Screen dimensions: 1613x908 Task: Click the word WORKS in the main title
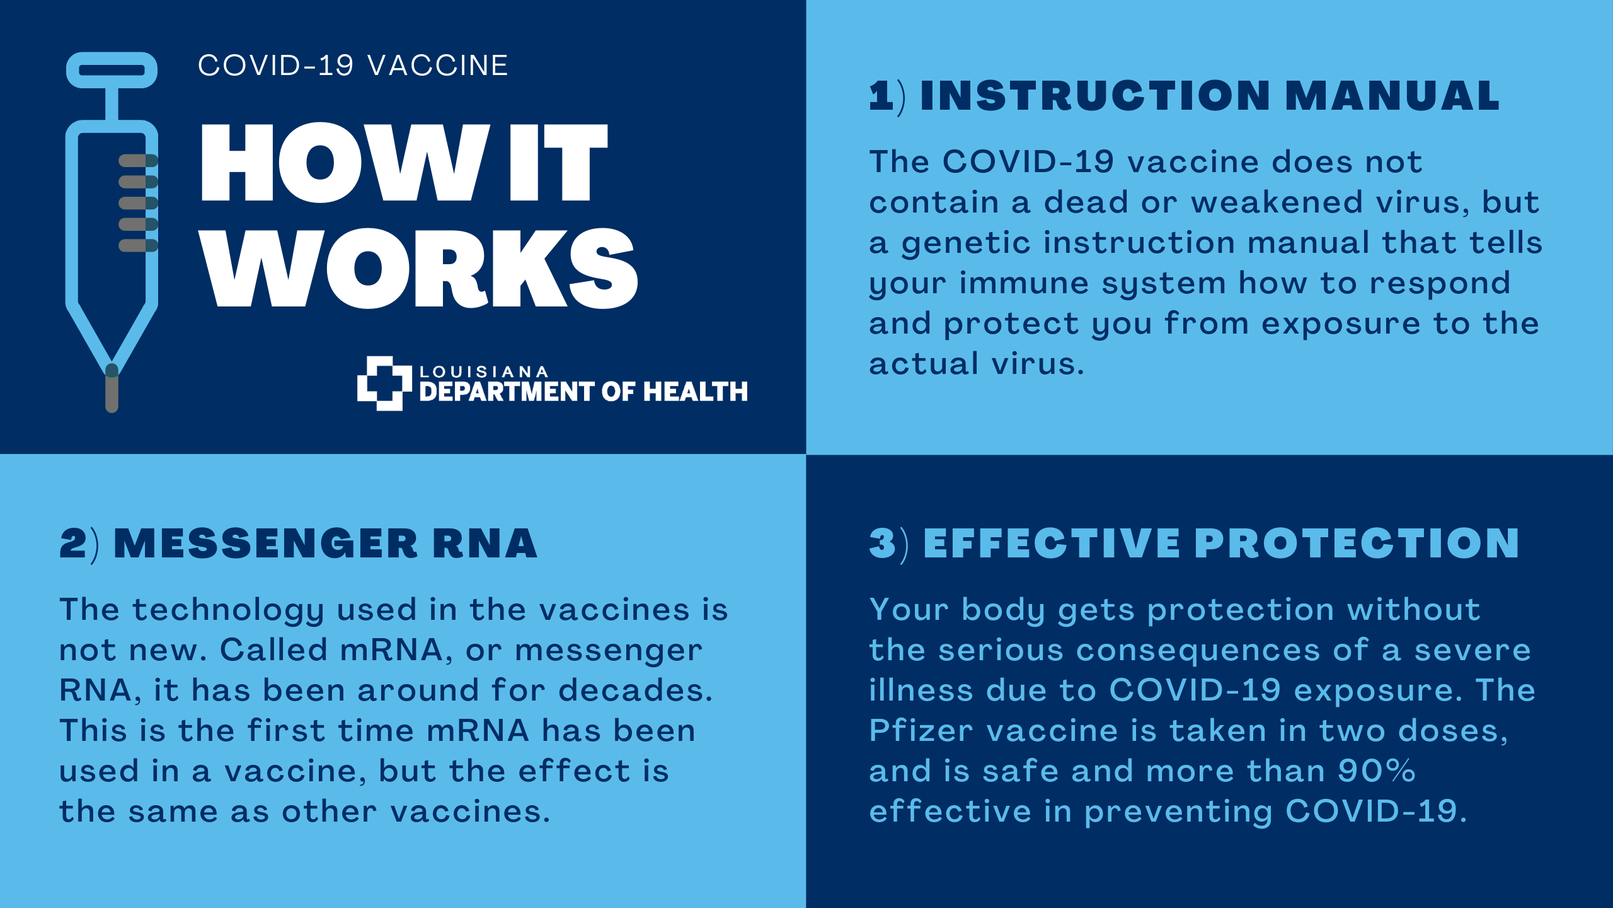419,269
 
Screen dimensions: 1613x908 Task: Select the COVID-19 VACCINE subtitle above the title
353,66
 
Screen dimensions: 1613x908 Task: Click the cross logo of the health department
384,383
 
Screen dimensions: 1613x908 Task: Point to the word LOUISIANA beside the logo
484,372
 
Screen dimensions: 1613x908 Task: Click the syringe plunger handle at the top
112,70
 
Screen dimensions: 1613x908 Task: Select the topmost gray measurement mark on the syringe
138,161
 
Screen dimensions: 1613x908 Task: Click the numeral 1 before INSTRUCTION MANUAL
881,96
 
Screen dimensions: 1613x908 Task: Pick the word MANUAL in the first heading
1392,96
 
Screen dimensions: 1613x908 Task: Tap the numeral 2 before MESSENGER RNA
73,544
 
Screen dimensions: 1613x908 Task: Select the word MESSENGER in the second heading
265,544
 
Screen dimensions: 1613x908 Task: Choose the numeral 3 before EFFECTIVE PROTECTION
882,544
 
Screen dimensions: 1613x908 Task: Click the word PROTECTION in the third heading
1357,544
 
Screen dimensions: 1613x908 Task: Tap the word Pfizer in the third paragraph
921,731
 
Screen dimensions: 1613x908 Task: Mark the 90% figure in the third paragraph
1377,771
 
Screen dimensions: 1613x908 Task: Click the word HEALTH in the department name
696,392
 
